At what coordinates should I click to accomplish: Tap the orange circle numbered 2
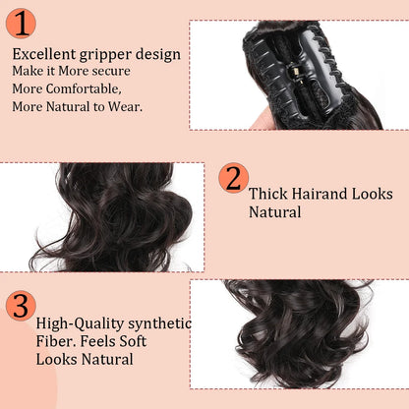coord(233,179)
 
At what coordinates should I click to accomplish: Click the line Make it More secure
coord(71,71)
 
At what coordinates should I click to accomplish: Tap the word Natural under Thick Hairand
coord(274,212)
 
